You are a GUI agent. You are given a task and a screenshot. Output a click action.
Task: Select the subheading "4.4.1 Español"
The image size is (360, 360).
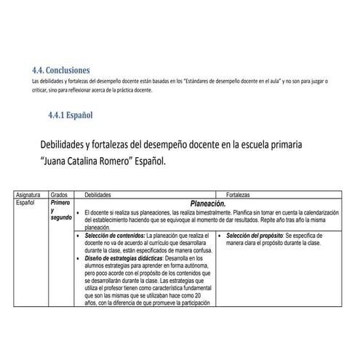70,115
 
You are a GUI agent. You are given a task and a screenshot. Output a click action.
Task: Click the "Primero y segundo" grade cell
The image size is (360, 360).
60,211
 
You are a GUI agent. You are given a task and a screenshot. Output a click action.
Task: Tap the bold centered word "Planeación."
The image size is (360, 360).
208,204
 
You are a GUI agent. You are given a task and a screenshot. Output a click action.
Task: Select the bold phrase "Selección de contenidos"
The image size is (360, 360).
114,236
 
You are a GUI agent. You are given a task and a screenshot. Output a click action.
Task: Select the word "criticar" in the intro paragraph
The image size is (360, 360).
42,90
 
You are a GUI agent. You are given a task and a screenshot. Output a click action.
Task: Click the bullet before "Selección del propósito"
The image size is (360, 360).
219,236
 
